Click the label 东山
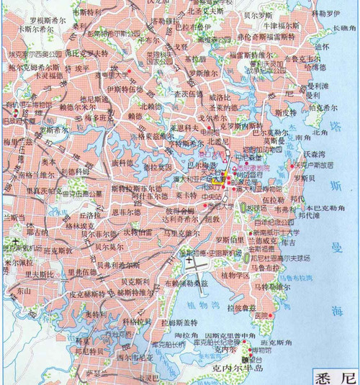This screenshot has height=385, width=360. point(23,291)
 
